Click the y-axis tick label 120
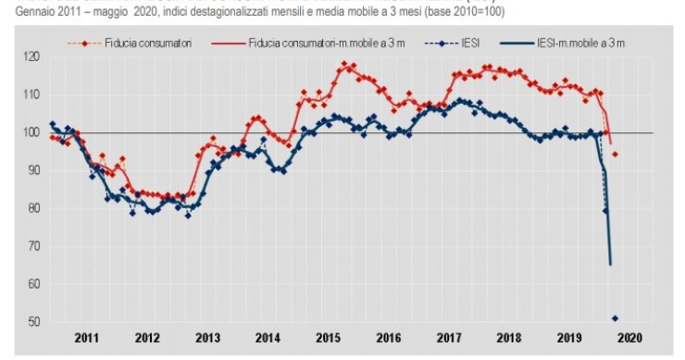[x=32, y=56]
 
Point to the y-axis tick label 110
[x=32, y=94]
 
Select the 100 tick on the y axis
[x=32, y=132]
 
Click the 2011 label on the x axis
[x=88, y=339]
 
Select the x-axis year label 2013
[x=208, y=339]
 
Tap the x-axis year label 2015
[x=329, y=339]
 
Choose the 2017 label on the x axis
[x=449, y=339]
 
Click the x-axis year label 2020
[x=629, y=339]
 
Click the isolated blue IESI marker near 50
[x=616, y=318]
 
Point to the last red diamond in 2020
[x=616, y=154]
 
